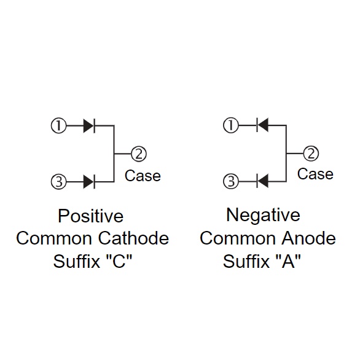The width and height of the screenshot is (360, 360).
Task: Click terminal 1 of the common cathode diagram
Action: point(58,125)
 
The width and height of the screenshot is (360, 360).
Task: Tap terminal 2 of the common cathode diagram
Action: point(139,154)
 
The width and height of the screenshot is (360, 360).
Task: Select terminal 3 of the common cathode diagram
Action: point(58,182)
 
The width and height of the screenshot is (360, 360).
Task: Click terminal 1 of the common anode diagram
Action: point(231,125)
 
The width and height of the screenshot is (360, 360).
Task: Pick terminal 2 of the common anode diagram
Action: point(311,154)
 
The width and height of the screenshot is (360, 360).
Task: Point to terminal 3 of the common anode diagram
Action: point(231,181)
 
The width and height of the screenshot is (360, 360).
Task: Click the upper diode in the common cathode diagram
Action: point(89,126)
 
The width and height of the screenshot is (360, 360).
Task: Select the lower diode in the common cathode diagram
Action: point(89,182)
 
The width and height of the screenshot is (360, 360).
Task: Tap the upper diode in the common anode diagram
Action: point(262,125)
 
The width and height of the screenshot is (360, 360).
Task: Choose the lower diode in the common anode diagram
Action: point(262,181)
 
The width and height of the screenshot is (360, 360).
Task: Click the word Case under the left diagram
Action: point(143,176)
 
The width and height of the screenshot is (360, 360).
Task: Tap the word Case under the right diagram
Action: point(315,174)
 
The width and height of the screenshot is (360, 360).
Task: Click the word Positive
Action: point(91,216)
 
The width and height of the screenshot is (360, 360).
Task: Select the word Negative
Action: point(263,216)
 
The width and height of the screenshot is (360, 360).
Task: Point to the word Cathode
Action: point(134,238)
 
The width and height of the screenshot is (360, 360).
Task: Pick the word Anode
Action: point(309,238)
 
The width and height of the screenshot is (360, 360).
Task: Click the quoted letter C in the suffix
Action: point(119,261)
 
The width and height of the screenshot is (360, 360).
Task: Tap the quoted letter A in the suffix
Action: point(288,261)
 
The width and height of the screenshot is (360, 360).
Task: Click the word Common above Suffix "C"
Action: point(54,238)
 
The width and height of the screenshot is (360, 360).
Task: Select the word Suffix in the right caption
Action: point(246,261)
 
